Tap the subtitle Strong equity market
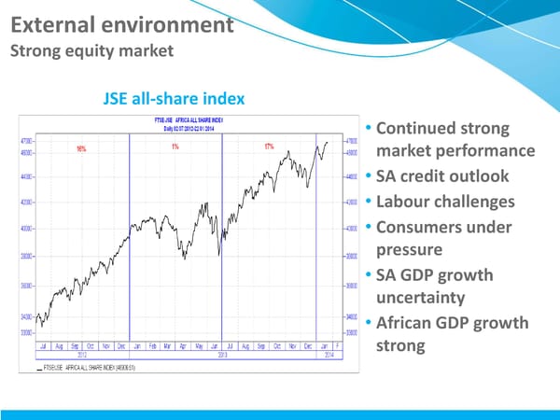click(91, 50)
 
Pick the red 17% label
click(269, 146)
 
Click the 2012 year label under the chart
click(83, 355)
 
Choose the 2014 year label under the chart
click(329, 355)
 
